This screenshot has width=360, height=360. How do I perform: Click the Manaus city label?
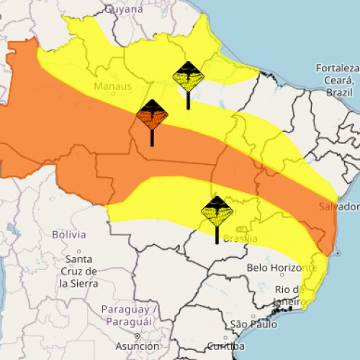tap(112, 86)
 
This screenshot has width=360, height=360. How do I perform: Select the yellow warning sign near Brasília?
tap(217, 211)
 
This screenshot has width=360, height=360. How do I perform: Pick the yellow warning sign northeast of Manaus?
tap(189, 76)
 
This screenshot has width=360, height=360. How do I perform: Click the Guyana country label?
tap(124, 9)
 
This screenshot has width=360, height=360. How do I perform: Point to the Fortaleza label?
tap(337, 68)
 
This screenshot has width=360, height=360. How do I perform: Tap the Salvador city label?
tap(339, 207)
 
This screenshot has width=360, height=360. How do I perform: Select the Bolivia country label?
tap(69, 235)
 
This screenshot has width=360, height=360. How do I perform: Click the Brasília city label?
tap(240, 239)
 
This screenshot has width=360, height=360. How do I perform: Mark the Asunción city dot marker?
tap(136, 336)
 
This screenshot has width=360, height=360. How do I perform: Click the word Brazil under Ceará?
tap(339, 93)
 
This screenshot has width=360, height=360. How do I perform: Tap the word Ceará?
tap(337, 81)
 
